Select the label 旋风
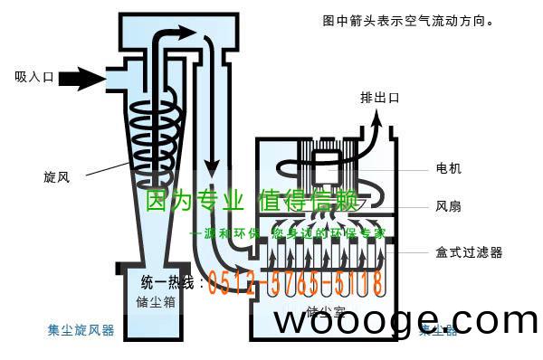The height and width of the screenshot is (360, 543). (x=55, y=177)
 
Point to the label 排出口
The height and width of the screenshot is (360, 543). (x=379, y=98)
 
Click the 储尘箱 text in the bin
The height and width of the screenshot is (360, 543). (x=155, y=302)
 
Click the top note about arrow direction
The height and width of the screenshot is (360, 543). (x=406, y=19)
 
